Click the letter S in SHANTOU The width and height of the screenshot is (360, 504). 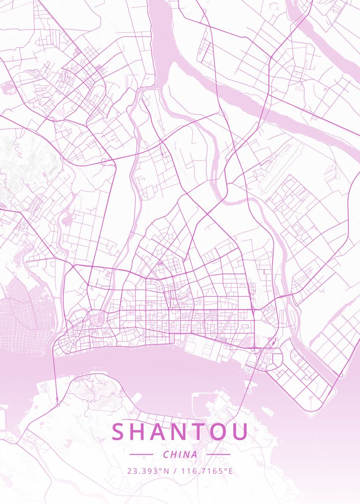click(x=119, y=432)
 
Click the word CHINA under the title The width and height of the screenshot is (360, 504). click(x=180, y=454)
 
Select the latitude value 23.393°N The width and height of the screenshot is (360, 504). click(x=148, y=471)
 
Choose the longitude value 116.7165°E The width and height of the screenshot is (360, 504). click(x=207, y=471)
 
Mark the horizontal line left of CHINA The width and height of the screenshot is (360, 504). click(x=141, y=454)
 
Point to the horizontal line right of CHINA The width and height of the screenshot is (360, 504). click(x=218, y=454)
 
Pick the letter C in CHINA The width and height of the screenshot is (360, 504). click(x=166, y=454)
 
